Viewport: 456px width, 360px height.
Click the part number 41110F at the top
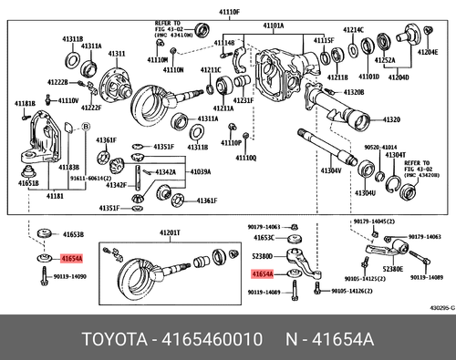click(227, 12)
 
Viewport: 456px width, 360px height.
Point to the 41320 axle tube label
click(391, 119)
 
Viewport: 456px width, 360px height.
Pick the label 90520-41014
click(377, 146)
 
